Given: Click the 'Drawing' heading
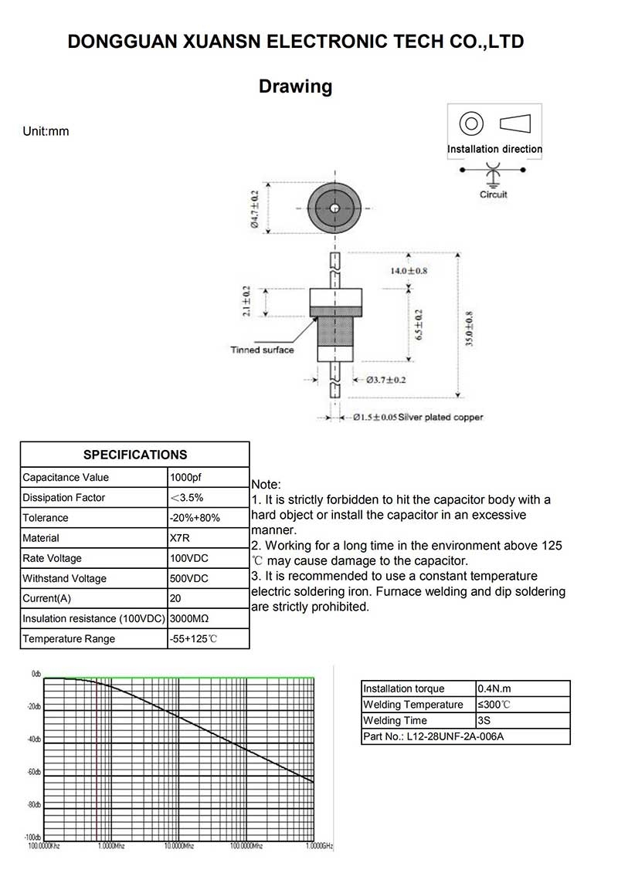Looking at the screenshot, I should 295,86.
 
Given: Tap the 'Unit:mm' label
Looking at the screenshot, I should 46,131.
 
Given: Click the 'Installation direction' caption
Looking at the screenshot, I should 494,149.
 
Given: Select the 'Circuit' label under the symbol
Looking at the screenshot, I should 493,195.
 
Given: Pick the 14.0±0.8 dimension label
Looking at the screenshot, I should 409,271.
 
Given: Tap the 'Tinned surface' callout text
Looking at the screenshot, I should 262,350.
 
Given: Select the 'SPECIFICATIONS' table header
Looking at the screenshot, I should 135,455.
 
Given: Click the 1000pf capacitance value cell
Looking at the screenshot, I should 186,478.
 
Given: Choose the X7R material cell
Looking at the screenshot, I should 180,538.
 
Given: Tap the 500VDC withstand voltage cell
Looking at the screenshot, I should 188,578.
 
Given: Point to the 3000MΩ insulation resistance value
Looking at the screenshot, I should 190,618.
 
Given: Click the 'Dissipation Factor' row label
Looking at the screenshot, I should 64,498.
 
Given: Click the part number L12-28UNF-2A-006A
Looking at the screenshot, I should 433,736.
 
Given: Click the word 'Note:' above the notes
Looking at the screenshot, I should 267,483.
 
